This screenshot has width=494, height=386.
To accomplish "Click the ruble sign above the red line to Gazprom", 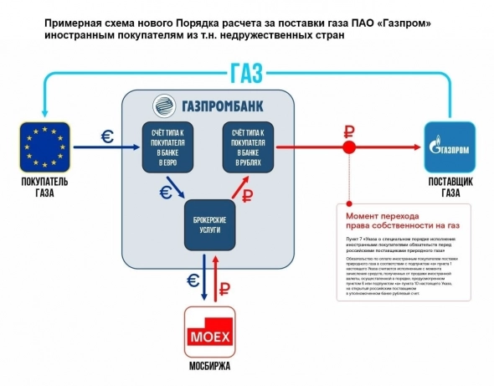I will [x=346, y=130].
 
